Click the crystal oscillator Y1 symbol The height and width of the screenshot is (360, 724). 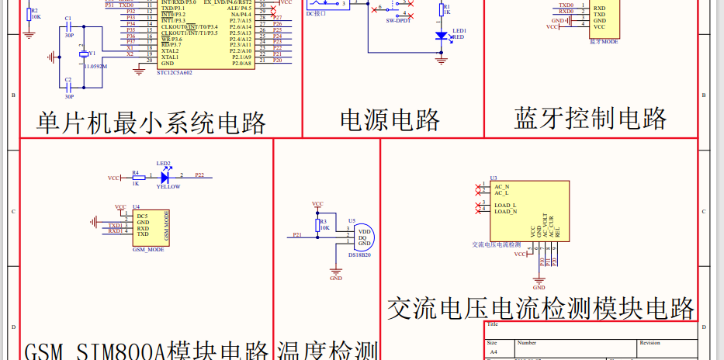(83, 54)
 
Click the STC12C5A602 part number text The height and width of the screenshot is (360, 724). (174, 73)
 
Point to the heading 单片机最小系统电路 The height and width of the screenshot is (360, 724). (151, 122)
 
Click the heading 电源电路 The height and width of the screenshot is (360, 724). (390, 119)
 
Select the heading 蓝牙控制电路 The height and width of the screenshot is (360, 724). (590, 118)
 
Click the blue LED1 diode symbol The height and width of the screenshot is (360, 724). (442, 35)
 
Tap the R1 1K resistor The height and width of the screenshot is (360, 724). (442, 11)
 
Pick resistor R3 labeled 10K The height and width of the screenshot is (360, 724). (317, 226)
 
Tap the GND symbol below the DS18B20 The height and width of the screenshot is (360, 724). (336, 273)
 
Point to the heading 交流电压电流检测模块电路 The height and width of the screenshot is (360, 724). (540, 308)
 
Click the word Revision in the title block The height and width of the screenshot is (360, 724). (650, 342)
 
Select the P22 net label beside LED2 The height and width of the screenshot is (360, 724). (199, 176)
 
